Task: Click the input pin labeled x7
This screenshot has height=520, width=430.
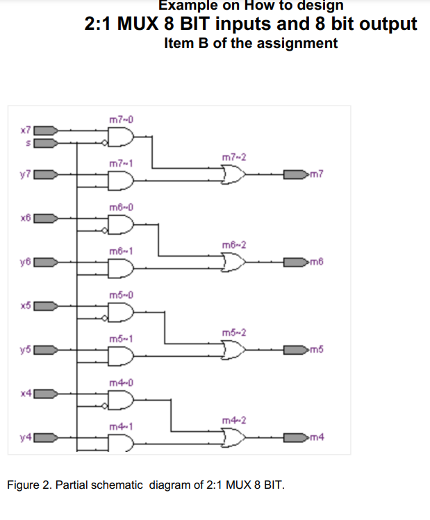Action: [x=44, y=130]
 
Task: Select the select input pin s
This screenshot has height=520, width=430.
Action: [x=44, y=144]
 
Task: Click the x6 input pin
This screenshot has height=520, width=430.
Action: [x=44, y=217]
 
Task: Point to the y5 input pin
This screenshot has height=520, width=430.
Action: [x=44, y=349]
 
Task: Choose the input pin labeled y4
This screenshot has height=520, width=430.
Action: [x=44, y=437]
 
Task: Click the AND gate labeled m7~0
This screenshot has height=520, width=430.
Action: [x=121, y=137]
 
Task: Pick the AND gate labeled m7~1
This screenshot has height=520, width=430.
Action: [x=121, y=181]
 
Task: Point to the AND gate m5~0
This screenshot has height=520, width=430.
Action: [x=121, y=312]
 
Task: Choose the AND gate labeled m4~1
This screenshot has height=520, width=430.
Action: [x=121, y=444]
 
